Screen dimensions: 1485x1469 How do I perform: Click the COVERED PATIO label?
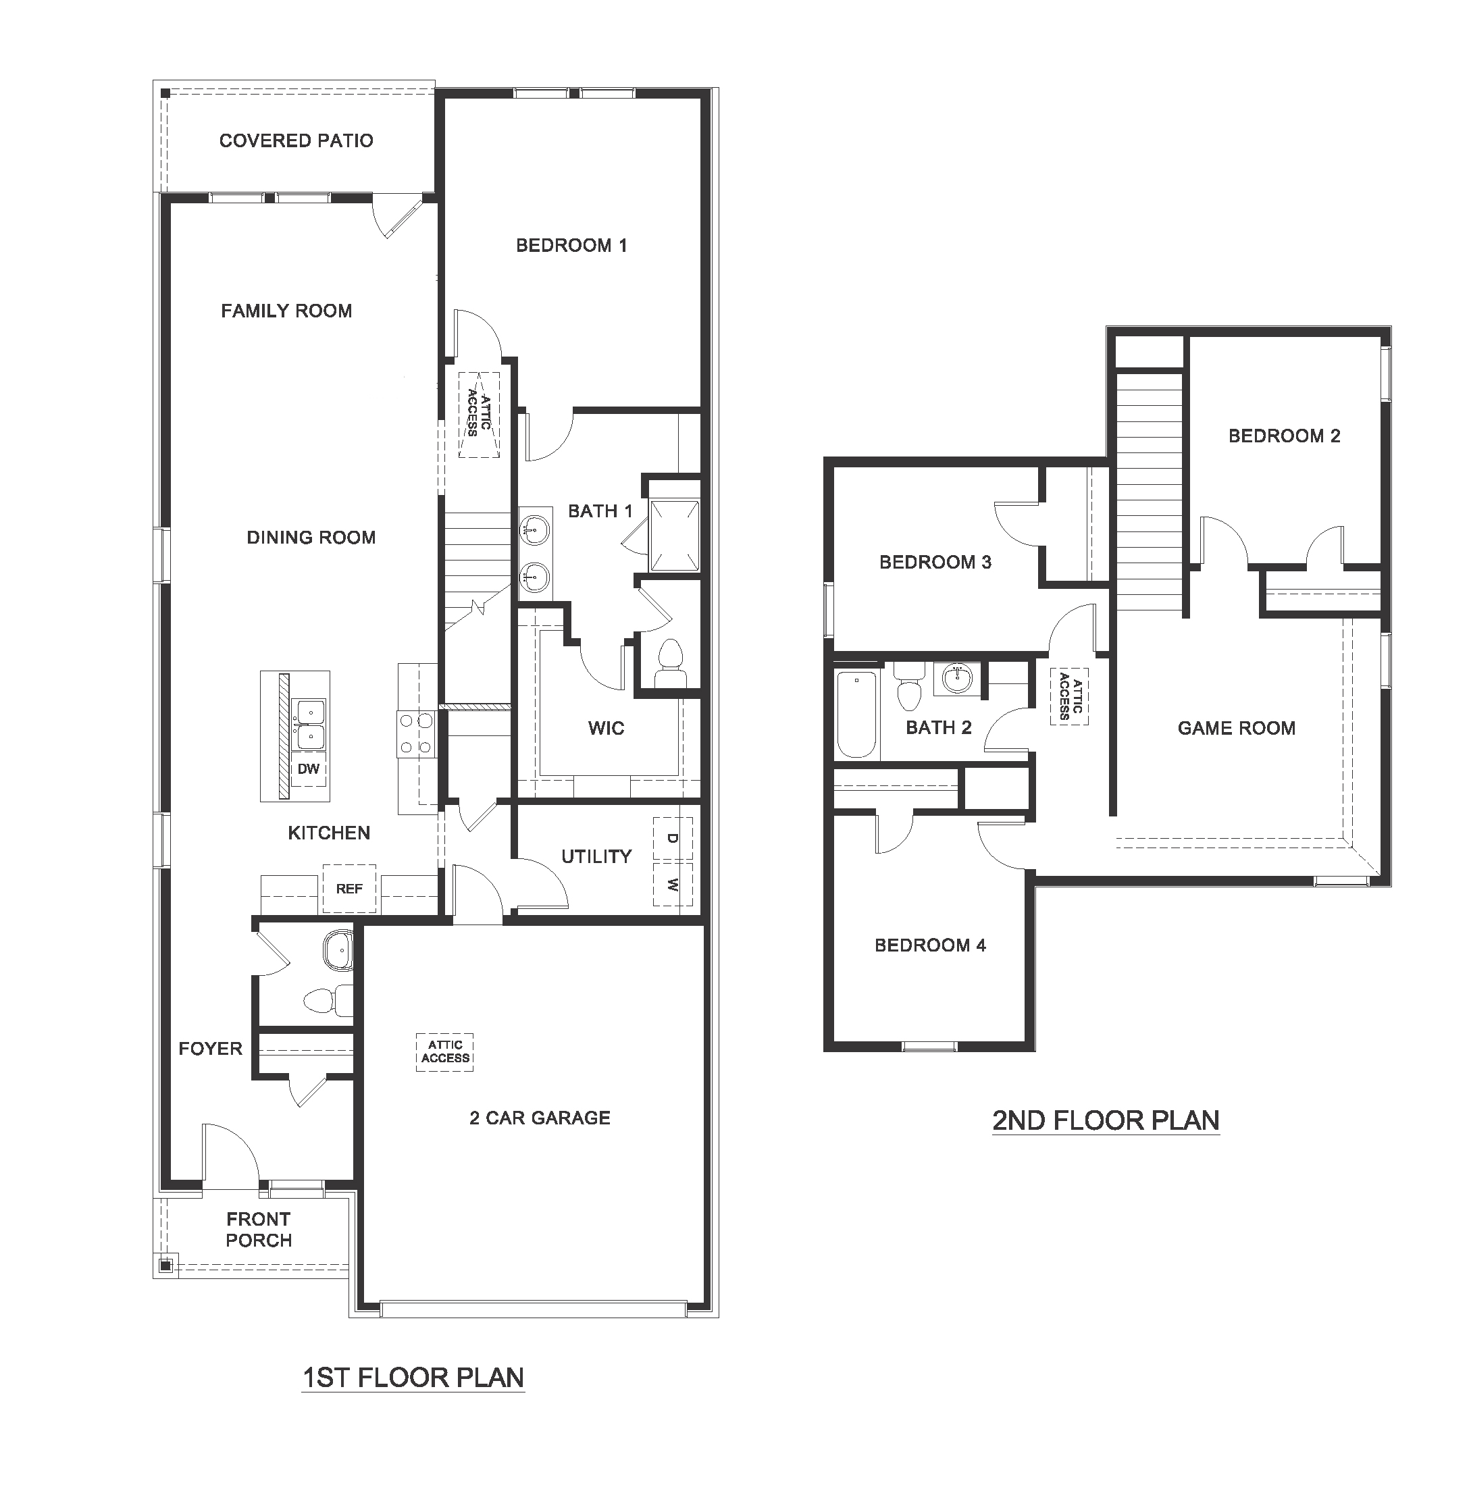(296, 140)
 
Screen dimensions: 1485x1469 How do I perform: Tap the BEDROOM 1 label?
(571, 246)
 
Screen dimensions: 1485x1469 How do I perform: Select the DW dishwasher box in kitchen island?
(308, 768)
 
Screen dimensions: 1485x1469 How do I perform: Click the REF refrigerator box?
(349, 889)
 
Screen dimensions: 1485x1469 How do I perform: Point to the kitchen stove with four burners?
(416, 734)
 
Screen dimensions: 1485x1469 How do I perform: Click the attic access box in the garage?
(445, 1051)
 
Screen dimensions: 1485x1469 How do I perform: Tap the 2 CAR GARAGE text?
(540, 1118)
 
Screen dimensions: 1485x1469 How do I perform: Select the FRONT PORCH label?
(258, 1229)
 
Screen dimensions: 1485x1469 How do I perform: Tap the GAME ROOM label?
(1236, 728)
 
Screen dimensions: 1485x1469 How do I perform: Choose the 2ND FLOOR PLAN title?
(1106, 1120)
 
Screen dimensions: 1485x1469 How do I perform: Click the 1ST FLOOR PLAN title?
(413, 1378)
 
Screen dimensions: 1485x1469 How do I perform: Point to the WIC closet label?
(606, 728)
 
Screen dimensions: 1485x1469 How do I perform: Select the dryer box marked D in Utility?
(672, 838)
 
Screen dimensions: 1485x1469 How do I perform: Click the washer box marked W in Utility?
(672, 884)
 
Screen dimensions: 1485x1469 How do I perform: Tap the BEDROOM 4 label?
(930, 945)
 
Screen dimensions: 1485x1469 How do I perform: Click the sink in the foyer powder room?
(338, 952)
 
